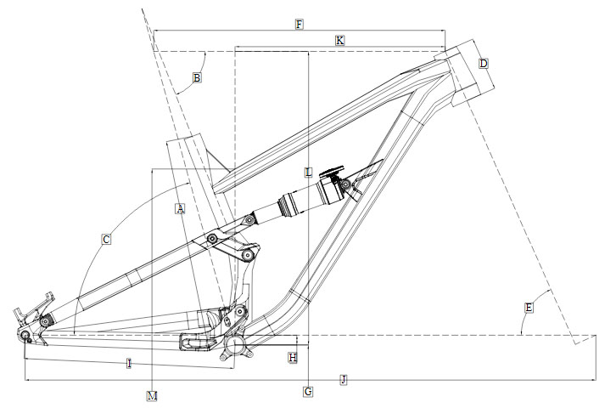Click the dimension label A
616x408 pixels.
(x=179, y=209)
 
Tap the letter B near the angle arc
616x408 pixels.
(x=196, y=78)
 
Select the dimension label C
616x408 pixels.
(x=106, y=240)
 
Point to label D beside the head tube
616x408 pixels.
(x=483, y=64)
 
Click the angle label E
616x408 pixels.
(x=529, y=307)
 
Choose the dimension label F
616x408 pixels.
(x=299, y=24)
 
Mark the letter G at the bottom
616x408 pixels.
(x=308, y=391)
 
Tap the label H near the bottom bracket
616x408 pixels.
(x=293, y=358)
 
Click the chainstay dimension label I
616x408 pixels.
(x=128, y=364)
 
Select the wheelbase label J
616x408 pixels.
(x=343, y=379)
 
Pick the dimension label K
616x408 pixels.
(x=339, y=40)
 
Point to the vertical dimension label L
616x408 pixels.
(x=309, y=172)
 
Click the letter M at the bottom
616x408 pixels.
(x=152, y=396)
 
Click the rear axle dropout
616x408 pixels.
(x=26, y=337)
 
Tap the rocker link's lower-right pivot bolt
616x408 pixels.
(x=247, y=254)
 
